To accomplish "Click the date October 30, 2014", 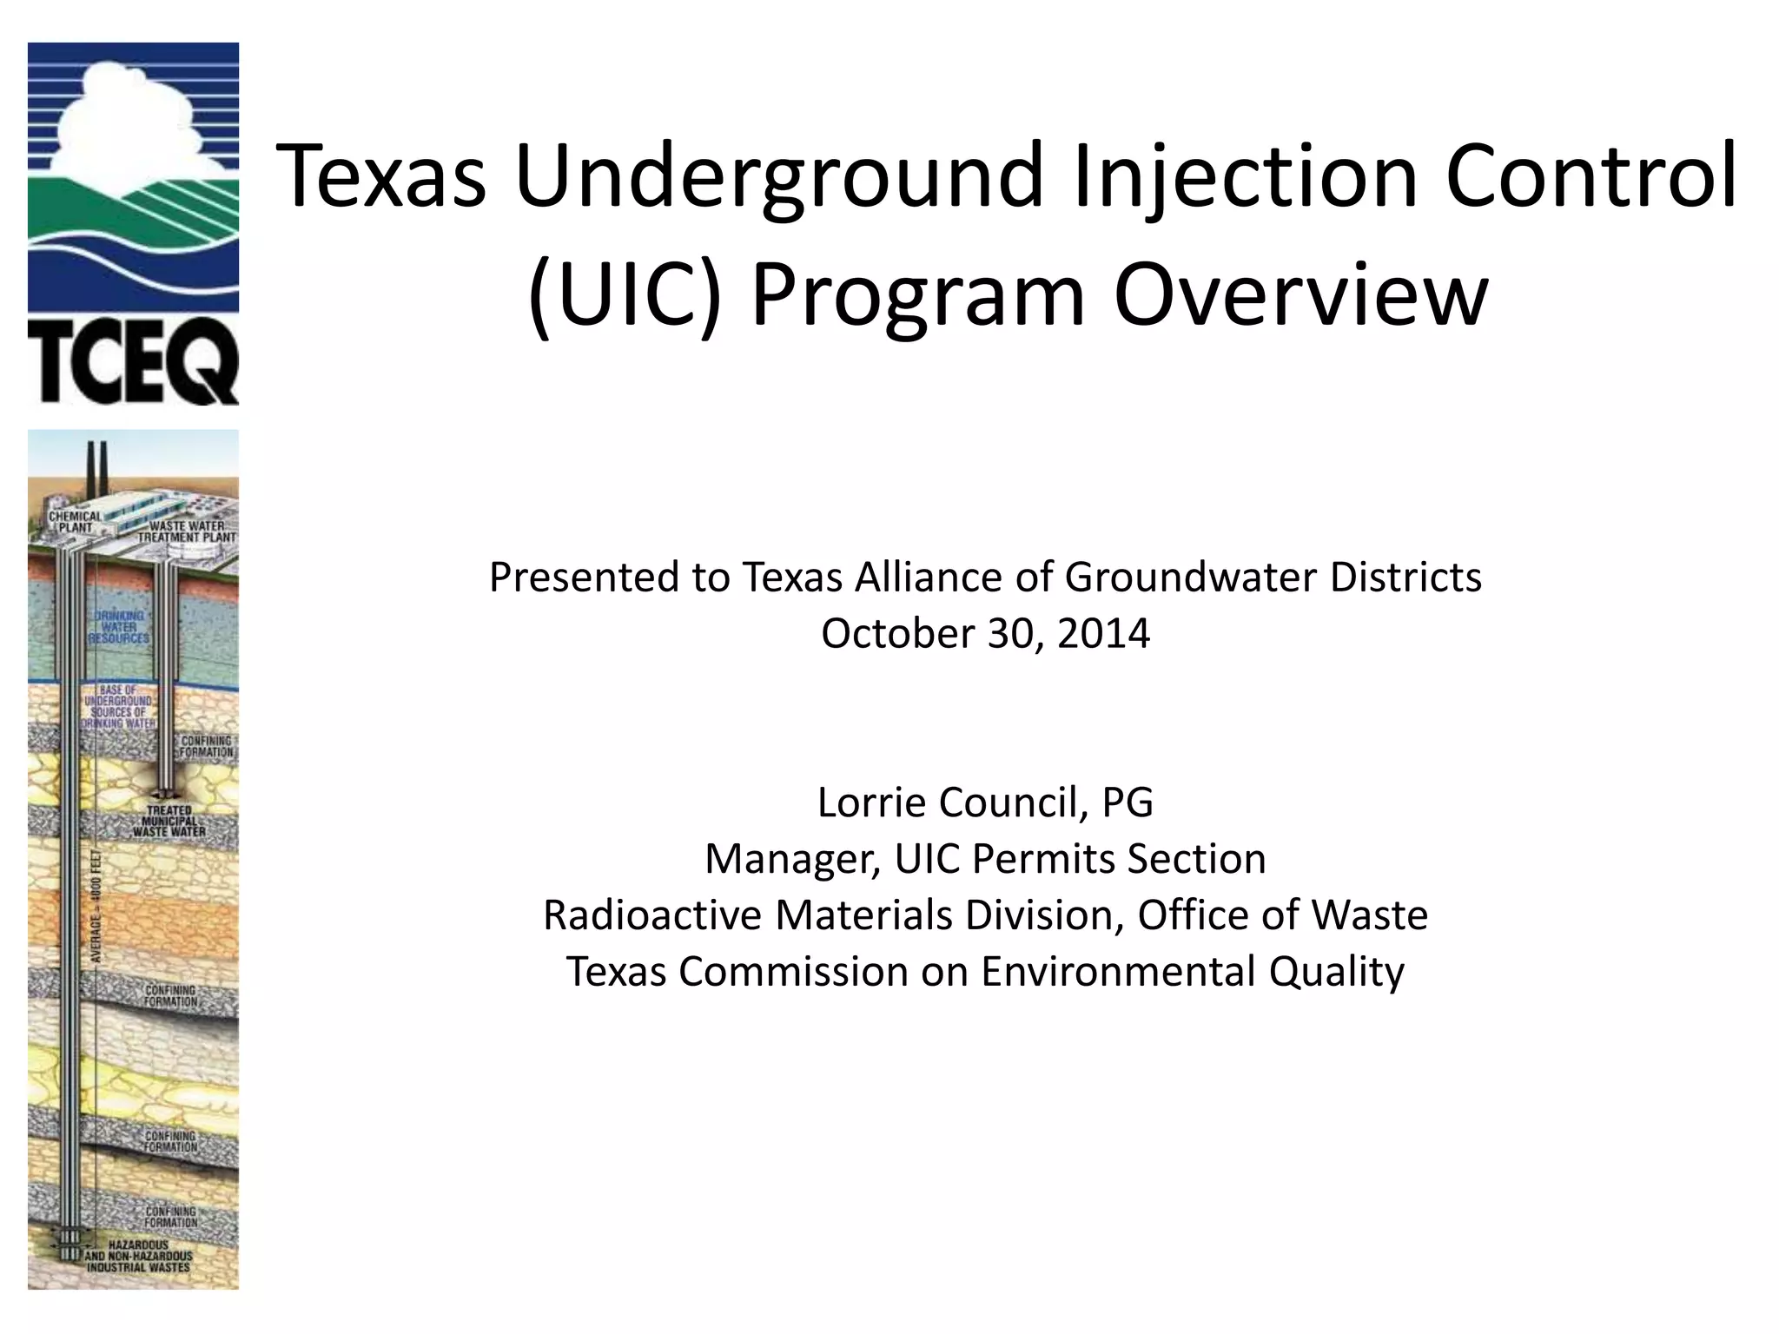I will [985, 633].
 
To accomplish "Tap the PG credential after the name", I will [1128, 802].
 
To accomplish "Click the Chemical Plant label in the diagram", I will [75, 522].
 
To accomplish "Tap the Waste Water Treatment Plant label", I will [187, 532].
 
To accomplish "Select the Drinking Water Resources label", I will [119, 626].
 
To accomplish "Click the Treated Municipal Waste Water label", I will [169, 821].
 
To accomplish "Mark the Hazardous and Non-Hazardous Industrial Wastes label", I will [138, 1256].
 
